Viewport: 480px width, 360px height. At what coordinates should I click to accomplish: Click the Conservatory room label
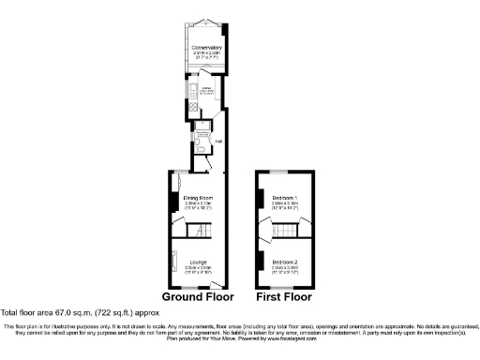click(205, 48)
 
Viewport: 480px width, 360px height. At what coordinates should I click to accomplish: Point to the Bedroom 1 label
click(284, 198)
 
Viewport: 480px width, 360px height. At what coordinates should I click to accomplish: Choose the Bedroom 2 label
click(284, 262)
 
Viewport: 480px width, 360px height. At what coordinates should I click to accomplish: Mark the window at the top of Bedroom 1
click(284, 173)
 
